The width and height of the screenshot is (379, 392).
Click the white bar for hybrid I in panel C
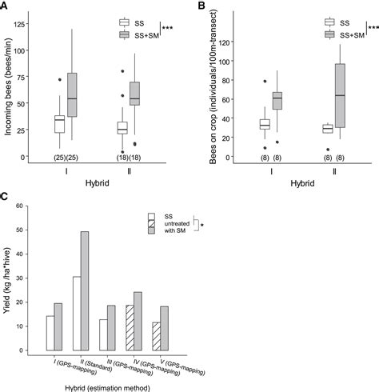[x=50, y=333]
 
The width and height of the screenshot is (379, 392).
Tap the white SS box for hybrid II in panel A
[x=122, y=127]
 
